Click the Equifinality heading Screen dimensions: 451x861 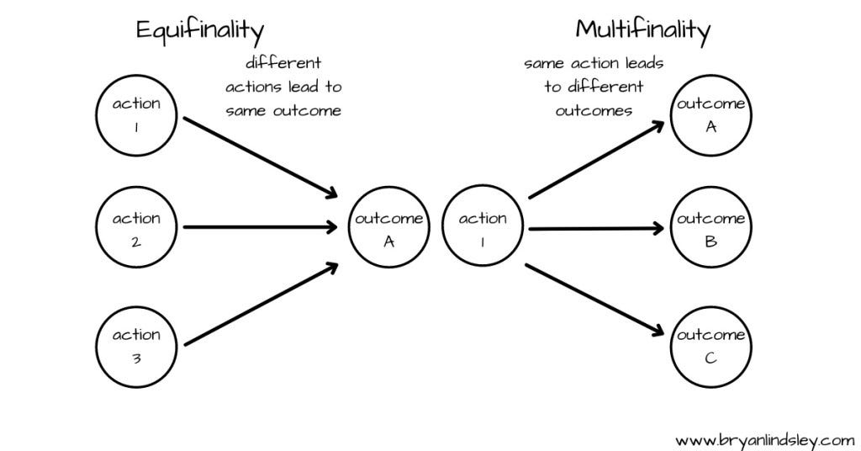pos(200,31)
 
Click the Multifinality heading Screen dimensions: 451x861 pos(642,31)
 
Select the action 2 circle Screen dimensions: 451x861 pos(136,227)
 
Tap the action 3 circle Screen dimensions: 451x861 pos(136,344)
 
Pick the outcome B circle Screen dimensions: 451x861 pos(710,227)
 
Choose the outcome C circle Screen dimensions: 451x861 pos(710,344)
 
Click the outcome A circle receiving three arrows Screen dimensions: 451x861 pos(388,227)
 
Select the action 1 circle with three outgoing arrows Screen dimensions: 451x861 pos(483,227)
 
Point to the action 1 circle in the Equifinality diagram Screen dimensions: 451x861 pos(136,113)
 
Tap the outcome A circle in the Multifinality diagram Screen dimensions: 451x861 pos(710,113)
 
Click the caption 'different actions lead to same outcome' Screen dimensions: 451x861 pos(283,87)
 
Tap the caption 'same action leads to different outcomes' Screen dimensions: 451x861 pos(594,87)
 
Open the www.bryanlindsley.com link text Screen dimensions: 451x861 pos(764,439)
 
